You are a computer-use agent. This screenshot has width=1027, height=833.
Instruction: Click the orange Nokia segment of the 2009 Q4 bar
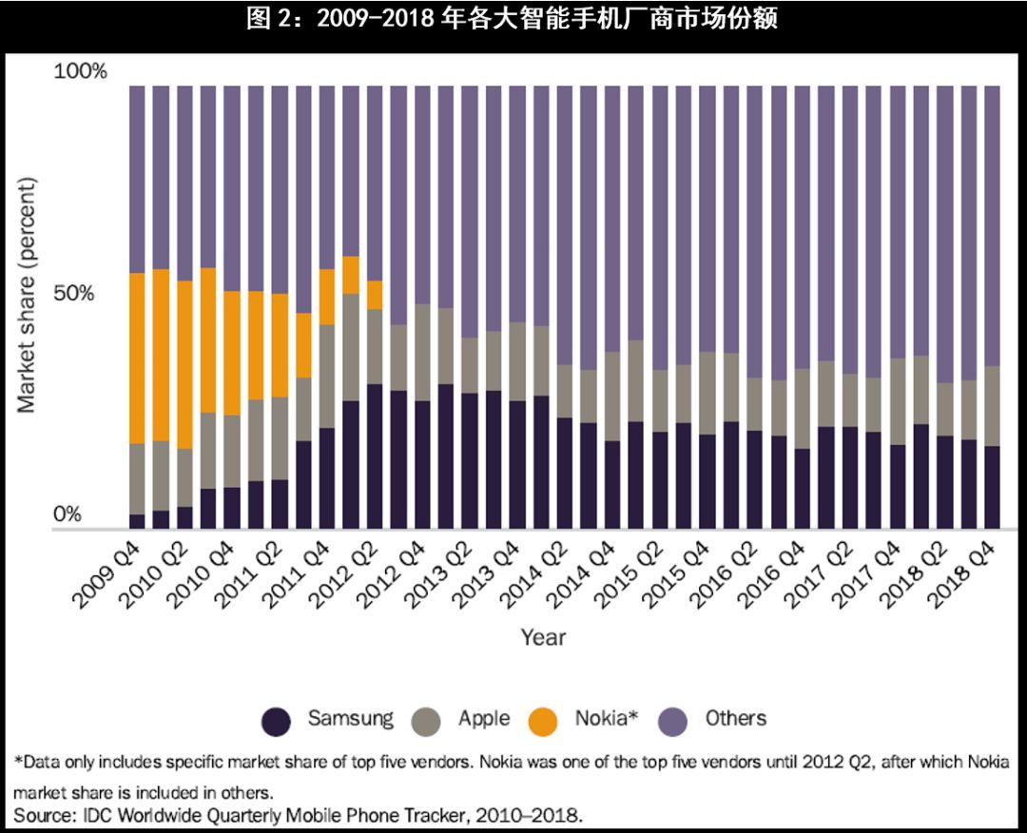click(x=137, y=358)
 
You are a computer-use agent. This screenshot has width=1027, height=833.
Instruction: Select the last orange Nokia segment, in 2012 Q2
click(x=375, y=295)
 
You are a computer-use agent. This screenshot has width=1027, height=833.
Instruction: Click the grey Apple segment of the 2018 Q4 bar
click(x=992, y=406)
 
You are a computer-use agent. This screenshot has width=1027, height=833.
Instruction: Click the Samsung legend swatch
click(x=277, y=722)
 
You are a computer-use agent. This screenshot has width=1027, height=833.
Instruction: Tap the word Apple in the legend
click(x=484, y=719)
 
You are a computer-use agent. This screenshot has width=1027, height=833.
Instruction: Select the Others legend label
click(x=735, y=718)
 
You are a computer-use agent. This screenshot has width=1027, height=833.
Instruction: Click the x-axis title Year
click(x=543, y=637)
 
